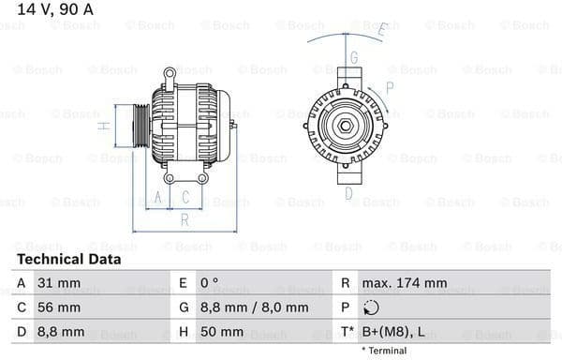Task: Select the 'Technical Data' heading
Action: tap(68, 259)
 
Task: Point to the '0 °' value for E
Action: tap(211, 283)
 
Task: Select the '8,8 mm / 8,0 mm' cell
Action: tap(255, 307)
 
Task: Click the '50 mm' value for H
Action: tap(224, 332)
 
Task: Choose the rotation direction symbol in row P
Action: tap(372, 307)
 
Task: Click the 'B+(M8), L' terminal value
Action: tap(394, 332)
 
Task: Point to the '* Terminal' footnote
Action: tap(384, 351)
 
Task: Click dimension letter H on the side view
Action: tap(105, 122)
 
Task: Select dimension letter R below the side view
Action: tap(185, 220)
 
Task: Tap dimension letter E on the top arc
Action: tap(382, 30)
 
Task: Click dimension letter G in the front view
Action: tap(353, 58)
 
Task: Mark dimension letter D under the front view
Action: tap(348, 194)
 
